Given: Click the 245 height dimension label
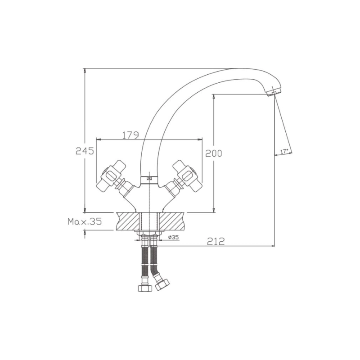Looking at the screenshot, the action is (x=85, y=151).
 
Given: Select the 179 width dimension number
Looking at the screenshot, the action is (x=130, y=135).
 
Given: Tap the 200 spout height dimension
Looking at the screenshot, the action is (x=213, y=153).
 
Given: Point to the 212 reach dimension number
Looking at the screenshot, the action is (x=216, y=241).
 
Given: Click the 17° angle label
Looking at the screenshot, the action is (x=284, y=152).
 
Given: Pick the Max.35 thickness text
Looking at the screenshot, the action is (x=85, y=221).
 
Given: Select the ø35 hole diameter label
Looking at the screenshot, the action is (x=173, y=237).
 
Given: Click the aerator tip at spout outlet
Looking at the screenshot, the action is (x=272, y=94).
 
